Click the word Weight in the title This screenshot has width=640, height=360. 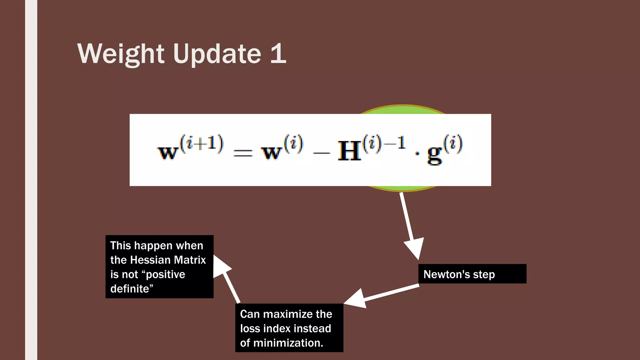[121, 54]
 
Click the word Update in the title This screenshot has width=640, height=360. [217, 54]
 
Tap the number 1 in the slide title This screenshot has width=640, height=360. [278, 54]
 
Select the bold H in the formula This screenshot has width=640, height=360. [349, 151]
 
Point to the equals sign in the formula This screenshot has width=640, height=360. [243, 153]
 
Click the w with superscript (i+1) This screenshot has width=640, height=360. [167, 152]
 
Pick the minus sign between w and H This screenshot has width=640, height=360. [321, 153]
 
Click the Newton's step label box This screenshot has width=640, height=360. [472, 274]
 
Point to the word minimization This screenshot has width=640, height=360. [288, 343]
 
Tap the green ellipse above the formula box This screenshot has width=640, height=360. [402, 109]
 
